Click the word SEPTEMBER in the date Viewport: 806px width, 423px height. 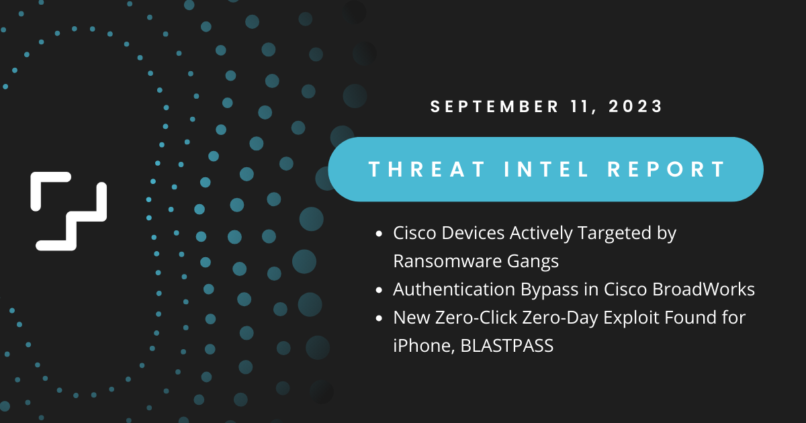point(489,106)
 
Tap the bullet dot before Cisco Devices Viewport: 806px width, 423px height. point(379,234)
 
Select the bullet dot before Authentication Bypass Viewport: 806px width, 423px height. point(379,290)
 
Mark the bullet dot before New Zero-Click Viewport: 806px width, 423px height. point(379,318)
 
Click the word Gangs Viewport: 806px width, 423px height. point(536,261)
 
